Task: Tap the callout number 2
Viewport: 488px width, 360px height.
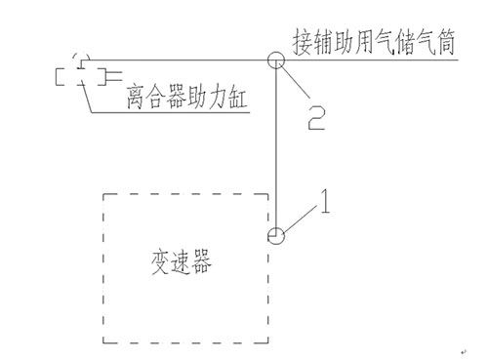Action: (316, 118)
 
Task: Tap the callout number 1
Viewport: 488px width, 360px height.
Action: (325, 202)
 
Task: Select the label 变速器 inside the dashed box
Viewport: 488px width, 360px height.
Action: (182, 262)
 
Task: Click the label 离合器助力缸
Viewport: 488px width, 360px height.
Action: (186, 97)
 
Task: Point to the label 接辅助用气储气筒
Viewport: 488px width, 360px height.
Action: (374, 42)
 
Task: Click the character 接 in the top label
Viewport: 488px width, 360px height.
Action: (302, 42)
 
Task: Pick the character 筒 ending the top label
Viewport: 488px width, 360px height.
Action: (446, 42)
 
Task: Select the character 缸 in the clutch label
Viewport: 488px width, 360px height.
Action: (237, 97)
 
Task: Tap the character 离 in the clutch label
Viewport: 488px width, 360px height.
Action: (136, 97)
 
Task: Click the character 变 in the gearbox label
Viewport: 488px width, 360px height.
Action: (160, 262)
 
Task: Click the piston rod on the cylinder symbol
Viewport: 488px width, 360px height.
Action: (114, 76)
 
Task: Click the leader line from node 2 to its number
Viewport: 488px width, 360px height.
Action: (296, 81)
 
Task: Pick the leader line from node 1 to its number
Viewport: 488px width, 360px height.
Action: (300, 219)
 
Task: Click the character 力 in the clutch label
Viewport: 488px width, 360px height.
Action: (217, 97)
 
